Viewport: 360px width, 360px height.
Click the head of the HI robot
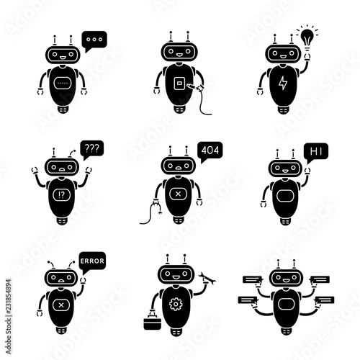coord(284,167)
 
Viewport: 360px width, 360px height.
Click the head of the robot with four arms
coord(285,278)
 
